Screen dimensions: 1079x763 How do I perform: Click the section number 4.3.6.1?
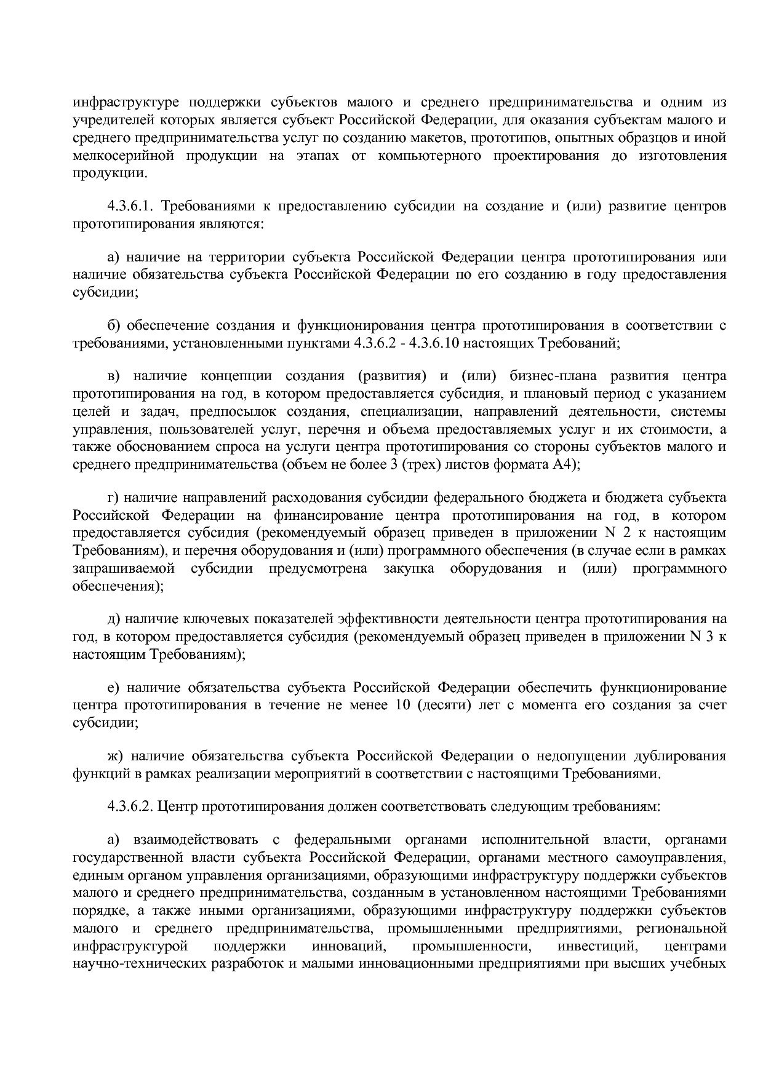pos(131,205)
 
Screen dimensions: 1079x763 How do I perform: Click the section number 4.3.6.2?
pos(131,806)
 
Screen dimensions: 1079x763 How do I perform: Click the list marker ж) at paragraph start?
pos(116,755)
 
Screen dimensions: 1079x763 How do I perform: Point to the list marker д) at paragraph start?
pos(114,618)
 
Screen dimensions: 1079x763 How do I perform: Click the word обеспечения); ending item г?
pos(118,586)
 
